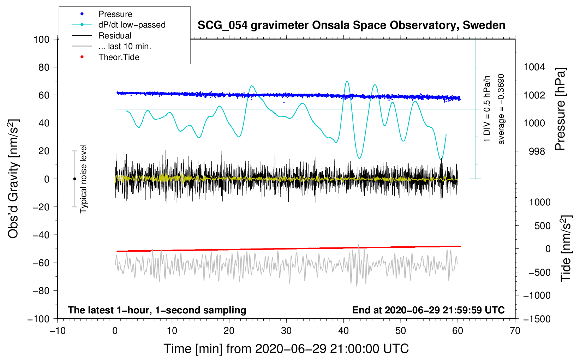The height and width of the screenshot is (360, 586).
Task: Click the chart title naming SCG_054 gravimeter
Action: [x=351, y=25]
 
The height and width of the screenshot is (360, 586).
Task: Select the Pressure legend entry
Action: [x=102, y=14]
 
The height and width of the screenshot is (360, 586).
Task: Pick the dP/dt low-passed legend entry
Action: [x=119, y=25]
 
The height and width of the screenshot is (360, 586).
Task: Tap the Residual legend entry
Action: [x=102, y=35]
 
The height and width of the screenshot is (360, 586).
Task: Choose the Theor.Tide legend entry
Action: [x=106, y=57]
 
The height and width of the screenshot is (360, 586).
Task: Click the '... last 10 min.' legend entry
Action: [x=112, y=46]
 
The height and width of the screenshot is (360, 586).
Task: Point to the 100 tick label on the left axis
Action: [x=41, y=40]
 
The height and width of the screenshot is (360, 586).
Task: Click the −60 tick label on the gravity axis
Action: [x=41, y=263]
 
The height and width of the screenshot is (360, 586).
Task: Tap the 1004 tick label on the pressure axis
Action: [x=534, y=67]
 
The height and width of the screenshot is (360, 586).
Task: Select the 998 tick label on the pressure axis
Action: [x=537, y=151]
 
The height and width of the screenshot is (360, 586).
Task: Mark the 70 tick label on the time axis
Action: [x=515, y=331]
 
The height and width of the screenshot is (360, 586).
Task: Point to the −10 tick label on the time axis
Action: [x=58, y=331]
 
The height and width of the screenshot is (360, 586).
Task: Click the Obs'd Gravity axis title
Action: [x=13, y=179]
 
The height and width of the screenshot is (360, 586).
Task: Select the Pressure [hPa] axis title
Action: [x=560, y=109]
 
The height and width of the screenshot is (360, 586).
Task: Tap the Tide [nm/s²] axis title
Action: [x=566, y=248]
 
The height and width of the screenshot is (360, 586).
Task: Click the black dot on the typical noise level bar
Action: [x=74, y=179]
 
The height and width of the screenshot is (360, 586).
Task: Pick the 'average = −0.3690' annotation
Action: [x=501, y=109]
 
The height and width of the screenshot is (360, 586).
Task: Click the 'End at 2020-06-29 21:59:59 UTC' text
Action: [x=428, y=310]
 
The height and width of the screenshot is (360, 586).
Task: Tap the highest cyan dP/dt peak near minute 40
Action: [x=347, y=81]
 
